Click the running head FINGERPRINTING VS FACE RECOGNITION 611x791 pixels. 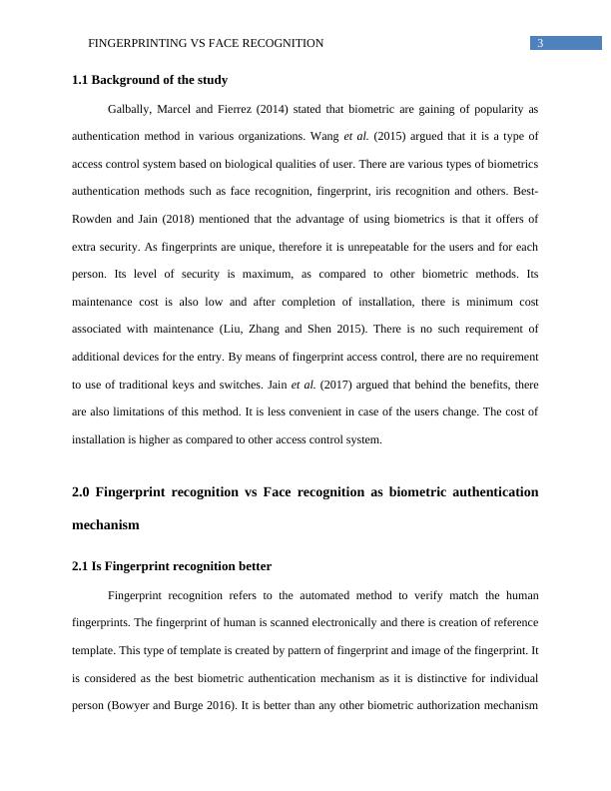click(206, 43)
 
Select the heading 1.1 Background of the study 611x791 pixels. click(150, 80)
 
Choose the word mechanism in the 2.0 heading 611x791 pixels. click(105, 523)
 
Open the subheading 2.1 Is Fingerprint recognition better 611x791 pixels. click(172, 566)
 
